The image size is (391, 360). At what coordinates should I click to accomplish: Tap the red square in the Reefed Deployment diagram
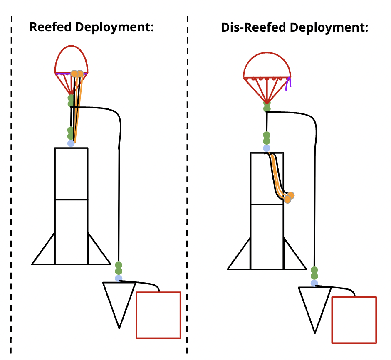[x=158, y=315]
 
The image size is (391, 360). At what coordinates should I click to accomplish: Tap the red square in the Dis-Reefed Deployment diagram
[x=354, y=320]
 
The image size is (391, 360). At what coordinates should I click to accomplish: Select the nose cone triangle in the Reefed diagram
[x=119, y=300]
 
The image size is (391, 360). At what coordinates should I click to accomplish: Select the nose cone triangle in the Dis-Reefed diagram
[x=314, y=305]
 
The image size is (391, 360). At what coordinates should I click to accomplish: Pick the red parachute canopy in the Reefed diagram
[x=72, y=60]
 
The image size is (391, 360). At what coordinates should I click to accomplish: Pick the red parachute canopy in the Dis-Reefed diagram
[x=267, y=67]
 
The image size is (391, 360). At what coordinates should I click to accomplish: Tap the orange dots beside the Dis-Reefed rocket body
[x=289, y=197]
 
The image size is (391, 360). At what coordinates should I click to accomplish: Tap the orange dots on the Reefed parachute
[x=77, y=74]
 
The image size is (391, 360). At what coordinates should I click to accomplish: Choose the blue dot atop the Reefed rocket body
[x=71, y=143]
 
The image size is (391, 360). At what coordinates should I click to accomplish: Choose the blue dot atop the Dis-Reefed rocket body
[x=267, y=148]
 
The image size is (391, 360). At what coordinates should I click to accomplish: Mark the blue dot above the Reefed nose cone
[x=119, y=278]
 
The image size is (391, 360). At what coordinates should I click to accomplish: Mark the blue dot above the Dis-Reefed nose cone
[x=314, y=283]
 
